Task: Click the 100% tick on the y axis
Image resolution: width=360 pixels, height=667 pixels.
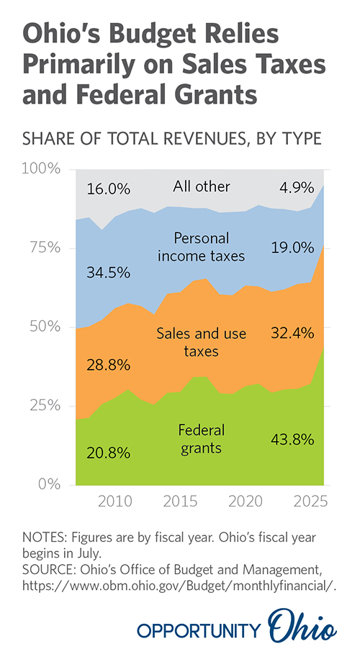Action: (x=40, y=169)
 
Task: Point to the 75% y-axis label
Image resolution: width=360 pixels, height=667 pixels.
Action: (x=44, y=248)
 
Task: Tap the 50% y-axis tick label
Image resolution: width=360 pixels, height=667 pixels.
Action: (x=44, y=327)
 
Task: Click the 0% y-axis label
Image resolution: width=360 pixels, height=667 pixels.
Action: (x=48, y=484)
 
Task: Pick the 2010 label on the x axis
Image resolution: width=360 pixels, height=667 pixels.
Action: (x=114, y=502)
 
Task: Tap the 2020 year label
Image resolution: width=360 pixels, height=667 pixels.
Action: (x=246, y=502)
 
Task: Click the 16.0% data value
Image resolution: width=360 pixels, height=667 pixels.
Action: (x=108, y=189)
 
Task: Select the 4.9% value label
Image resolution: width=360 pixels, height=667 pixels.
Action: (x=297, y=188)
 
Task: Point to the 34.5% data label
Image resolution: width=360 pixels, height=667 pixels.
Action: (x=108, y=273)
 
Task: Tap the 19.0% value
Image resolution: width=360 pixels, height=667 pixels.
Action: (x=293, y=247)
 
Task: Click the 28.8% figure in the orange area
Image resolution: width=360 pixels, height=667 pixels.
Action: (x=108, y=365)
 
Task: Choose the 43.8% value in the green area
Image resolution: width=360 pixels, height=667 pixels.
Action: (x=293, y=440)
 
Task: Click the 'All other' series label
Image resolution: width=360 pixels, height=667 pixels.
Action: (x=202, y=186)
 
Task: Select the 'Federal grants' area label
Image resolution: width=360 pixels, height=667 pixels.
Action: (x=202, y=439)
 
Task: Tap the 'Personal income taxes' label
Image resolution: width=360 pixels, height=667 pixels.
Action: (x=202, y=247)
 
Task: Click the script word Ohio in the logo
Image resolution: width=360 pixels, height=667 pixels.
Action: (x=302, y=626)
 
